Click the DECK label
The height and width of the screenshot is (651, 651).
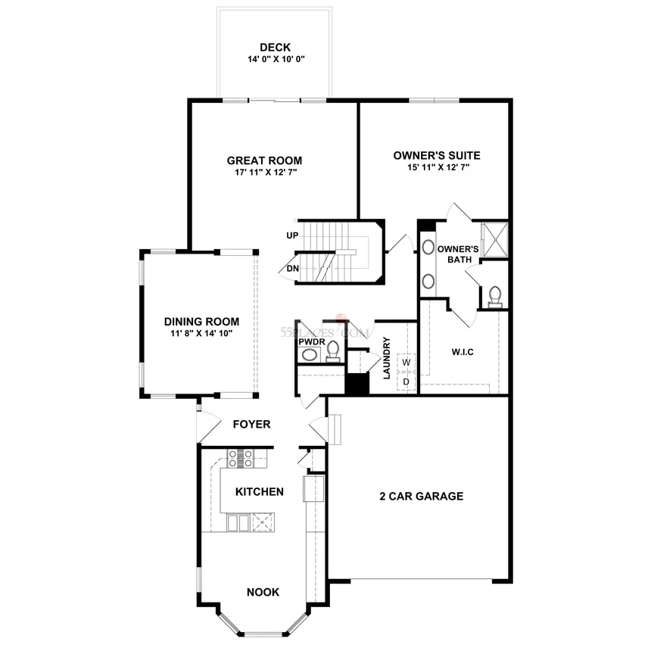[275, 48]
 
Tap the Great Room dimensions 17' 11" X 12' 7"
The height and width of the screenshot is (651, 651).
[266, 172]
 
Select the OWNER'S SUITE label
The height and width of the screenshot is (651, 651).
[437, 156]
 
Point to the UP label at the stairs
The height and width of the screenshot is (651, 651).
[292, 235]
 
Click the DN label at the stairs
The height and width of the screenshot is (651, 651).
[293, 269]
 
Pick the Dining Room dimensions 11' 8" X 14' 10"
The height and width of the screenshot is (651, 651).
[201, 333]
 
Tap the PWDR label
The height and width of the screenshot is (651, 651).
[312, 341]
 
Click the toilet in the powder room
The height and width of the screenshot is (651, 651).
[333, 351]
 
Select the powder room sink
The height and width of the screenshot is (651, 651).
[310, 355]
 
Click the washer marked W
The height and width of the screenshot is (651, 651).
[406, 362]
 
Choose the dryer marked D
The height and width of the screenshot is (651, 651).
[406, 382]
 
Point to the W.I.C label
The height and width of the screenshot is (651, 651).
[463, 352]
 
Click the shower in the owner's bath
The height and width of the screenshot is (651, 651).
[495, 239]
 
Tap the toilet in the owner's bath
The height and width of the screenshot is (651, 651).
[495, 297]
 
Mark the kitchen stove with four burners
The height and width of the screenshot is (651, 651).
[241, 459]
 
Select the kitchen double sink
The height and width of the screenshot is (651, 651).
[238, 522]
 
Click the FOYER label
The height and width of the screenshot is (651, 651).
[251, 425]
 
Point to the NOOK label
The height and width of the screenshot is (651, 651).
[263, 592]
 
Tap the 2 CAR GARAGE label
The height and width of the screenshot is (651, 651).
[422, 496]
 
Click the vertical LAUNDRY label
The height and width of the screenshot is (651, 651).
[387, 358]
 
